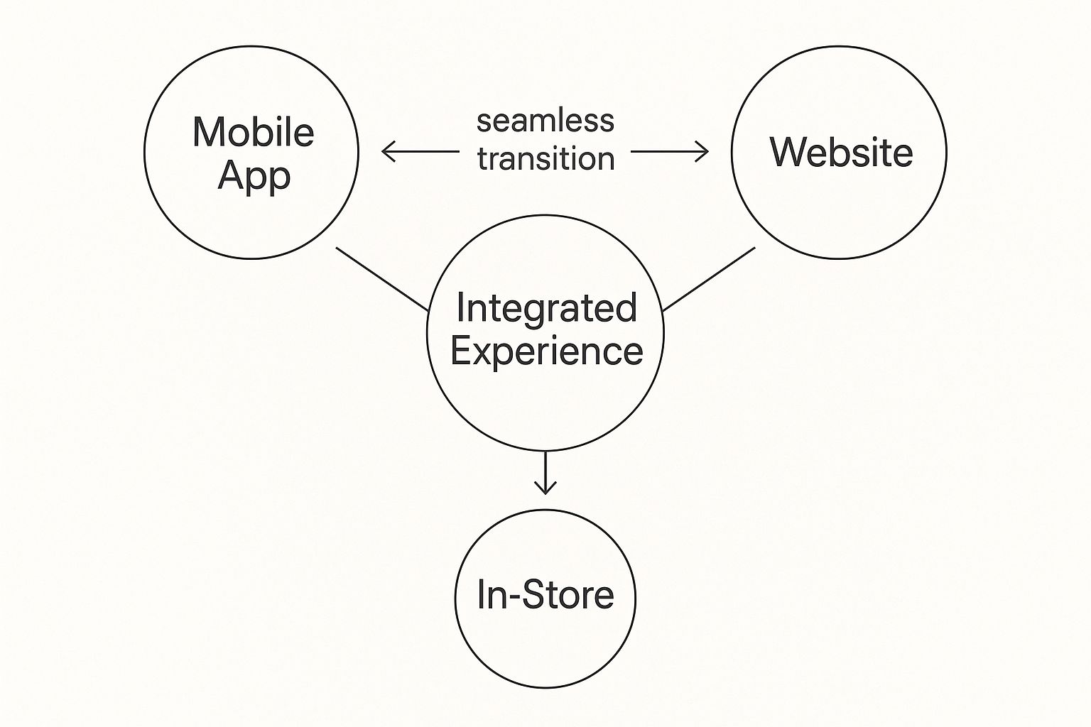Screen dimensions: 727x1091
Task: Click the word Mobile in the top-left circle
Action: tap(253, 133)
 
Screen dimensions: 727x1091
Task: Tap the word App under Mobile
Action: tap(254, 175)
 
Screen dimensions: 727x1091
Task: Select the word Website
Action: tap(841, 152)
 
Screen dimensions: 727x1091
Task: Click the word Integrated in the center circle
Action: tap(545, 308)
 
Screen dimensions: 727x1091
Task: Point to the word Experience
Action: tap(546, 351)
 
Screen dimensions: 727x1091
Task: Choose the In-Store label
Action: tap(545, 594)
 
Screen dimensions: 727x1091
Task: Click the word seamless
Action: tap(545, 121)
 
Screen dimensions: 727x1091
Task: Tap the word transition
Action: tap(545, 158)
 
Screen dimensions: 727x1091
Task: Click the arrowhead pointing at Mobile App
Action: tap(386, 151)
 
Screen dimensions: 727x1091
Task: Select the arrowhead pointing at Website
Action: tap(703, 151)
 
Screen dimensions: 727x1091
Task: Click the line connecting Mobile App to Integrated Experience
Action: tap(382, 279)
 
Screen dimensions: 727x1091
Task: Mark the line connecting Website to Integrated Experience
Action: tap(709, 279)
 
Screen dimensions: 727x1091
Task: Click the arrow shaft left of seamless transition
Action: tap(426, 151)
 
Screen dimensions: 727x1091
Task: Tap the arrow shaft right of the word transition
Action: tap(664, 151)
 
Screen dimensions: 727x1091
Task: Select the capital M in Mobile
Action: tap(208, 133)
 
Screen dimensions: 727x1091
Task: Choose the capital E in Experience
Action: tap(460, 351)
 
